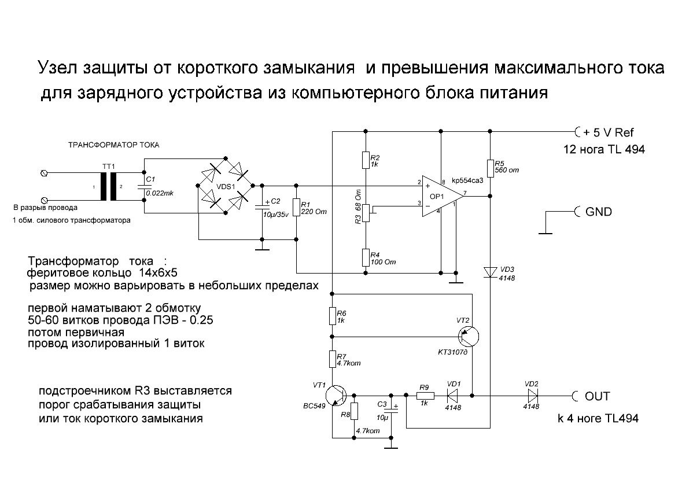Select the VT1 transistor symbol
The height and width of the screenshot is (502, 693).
(335, 396)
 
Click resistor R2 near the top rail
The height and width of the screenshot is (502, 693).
(366, 160)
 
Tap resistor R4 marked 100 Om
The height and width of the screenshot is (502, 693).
(366, 256)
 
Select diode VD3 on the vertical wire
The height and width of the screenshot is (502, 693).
(490, 271)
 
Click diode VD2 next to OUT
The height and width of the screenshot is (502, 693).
(531, 396)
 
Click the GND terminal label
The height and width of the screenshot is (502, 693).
(598, 212)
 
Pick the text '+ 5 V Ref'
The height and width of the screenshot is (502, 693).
(609, 131)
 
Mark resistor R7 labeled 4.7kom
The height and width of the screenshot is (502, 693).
(333, 359)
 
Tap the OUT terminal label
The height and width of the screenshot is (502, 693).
(597, 396)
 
